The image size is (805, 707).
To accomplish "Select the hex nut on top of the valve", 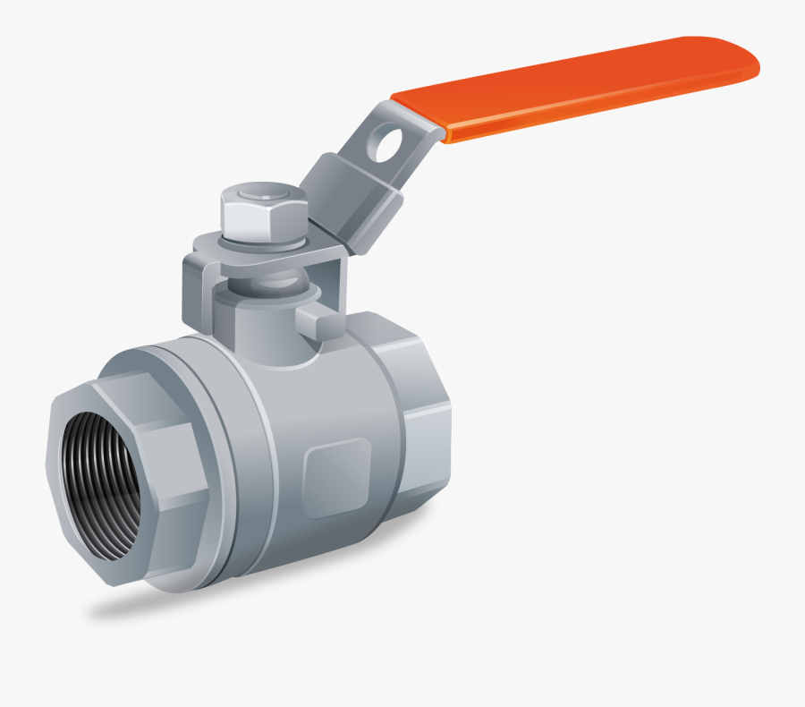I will (264, 219).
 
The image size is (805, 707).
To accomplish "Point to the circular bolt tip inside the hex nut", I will (265, 192).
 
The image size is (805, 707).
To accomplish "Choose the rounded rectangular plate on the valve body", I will (337, 478).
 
